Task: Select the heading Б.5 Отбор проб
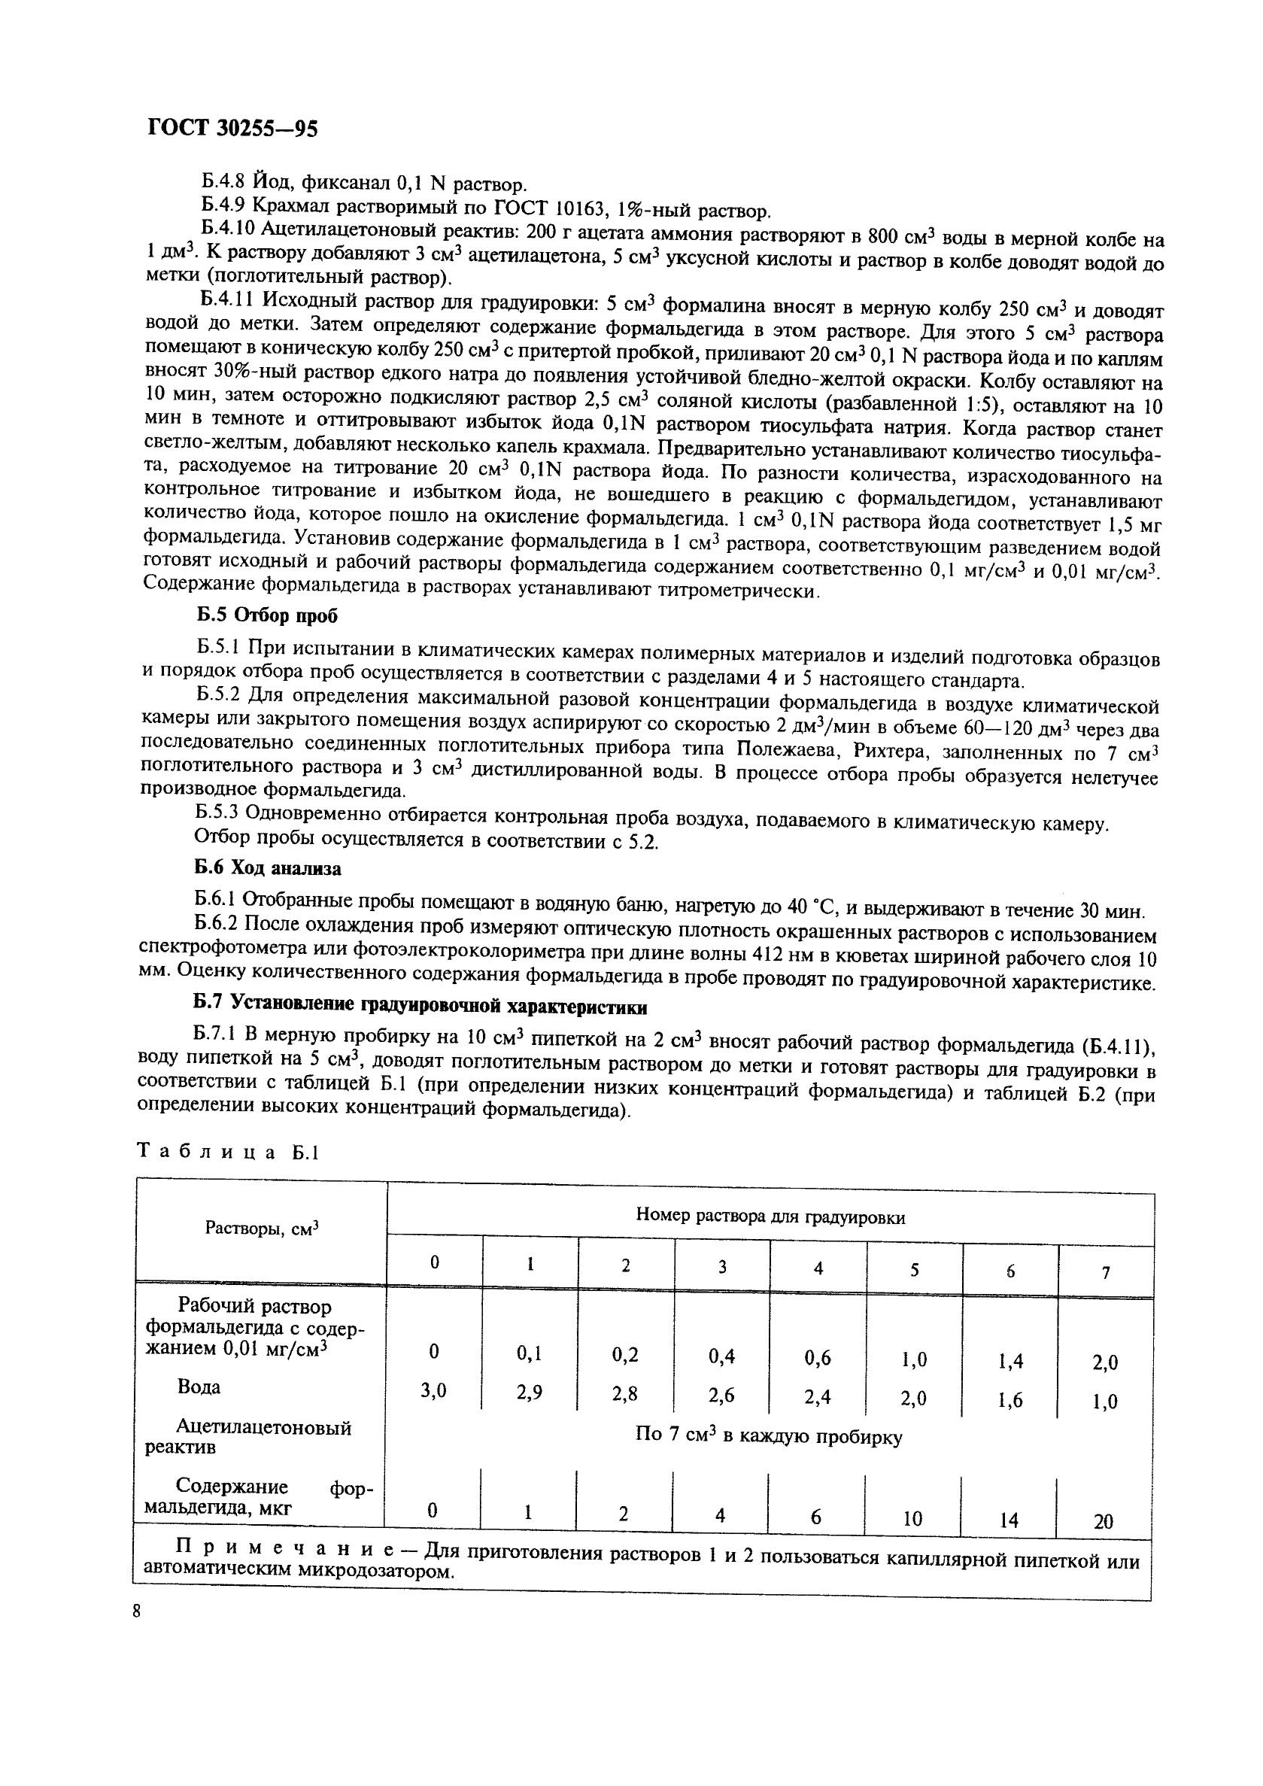coord(267,615)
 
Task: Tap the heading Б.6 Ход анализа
coord(268,867)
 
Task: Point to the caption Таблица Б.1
coord(228,1153)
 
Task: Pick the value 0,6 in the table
coord(818,1357)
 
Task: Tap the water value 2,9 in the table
coord(530,1393)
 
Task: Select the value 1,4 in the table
coord(1010,1360)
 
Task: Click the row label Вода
coord(199,1387)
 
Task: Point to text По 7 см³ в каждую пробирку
coord(768,1436)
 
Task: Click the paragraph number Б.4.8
coord(223,184)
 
